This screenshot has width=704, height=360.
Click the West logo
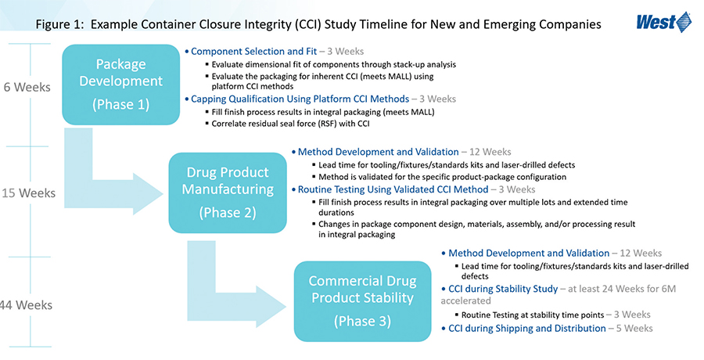[663, 22]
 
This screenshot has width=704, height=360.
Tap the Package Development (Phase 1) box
[120, 85]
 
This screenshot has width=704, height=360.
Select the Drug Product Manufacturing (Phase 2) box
[228, 193]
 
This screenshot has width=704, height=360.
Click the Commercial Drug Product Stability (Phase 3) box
[362, 301]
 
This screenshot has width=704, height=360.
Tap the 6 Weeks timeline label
[27, 87]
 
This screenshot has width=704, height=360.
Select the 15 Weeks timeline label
[28, 193]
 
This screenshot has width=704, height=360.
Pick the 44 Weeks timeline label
[26, 305]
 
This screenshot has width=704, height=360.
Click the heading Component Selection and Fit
[253, 51]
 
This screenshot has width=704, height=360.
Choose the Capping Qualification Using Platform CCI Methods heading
[300, 99]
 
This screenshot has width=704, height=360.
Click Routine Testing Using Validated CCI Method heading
[393, 189]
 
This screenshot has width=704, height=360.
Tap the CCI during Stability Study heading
[503, 289]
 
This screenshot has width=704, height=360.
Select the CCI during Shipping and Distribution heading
[527, 329]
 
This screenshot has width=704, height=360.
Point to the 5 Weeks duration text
[634, 329]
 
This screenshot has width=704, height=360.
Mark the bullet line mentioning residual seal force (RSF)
[290, 124]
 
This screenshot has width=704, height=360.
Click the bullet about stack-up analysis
[333, 65]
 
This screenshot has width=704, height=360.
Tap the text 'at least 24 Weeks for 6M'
[622, 289]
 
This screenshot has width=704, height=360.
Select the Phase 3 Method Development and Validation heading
[529, 254]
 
